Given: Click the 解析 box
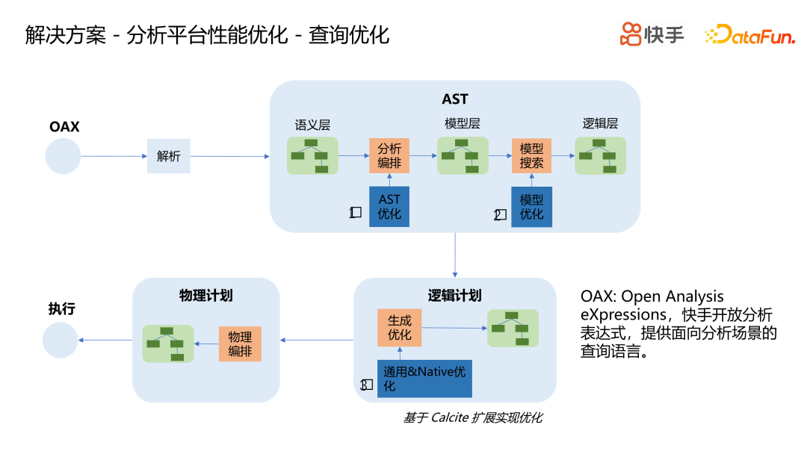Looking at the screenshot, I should pyautogui.click(x=168, y=156).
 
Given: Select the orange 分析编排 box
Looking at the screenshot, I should pyautogui.click(x=389, y=156).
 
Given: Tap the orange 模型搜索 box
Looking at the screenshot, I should pyautogui.click(x=531, y=156).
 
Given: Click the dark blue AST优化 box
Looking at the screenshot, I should pyautogui.click(x=389, y=207).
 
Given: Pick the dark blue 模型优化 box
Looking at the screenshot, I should pyautogui.click(x=531, y=207).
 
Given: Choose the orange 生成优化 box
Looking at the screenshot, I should pyautogui.click(x=399, y=327).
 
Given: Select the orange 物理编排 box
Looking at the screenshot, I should pyautogui.click(x=240, y=343).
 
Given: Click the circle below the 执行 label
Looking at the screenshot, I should pyautogui.click(x=60, y=340).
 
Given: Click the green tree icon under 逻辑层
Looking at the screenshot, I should pyautogui.click(x=600, y=155).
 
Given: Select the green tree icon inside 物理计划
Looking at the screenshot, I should pyautogui.click(x=167, y=343).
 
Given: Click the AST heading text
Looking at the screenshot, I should pyautogui.click(x=455, y=99).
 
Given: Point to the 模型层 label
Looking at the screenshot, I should pyautogui.click(x=462, y=124).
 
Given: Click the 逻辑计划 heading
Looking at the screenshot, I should pyautogui.click(x=454, y=296).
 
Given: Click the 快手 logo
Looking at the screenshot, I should pyautogui.click(x=652, y=34).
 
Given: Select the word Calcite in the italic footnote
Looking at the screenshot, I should pyautogui.click(x=449, y=418).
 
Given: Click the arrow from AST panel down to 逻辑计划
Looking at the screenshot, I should pyautogui.click(x=454, y=255).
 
